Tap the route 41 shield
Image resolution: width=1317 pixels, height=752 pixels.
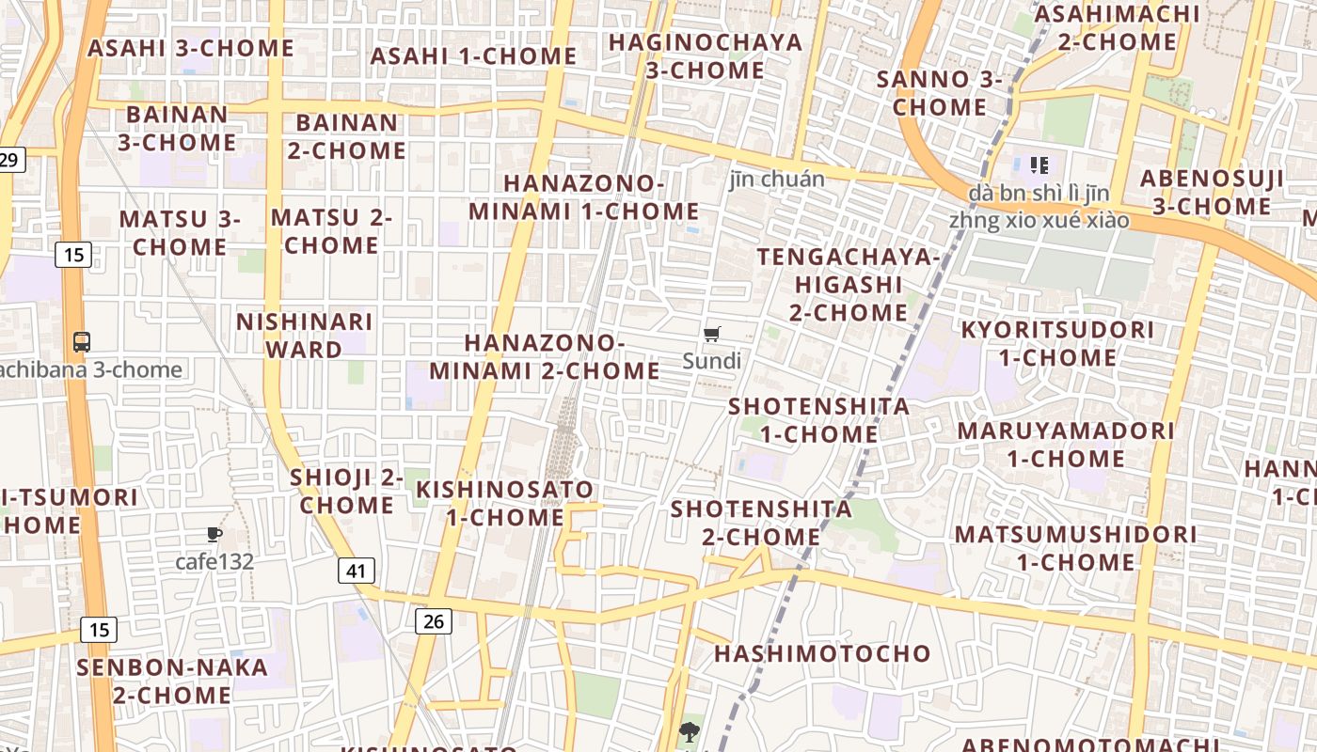(356, 570)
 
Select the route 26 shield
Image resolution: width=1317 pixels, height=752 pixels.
(433, 620)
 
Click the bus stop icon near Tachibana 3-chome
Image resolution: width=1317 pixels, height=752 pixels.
(82, 342)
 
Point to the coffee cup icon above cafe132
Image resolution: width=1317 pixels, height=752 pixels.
(214, 535)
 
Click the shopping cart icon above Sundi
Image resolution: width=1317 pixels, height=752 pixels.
(712, 335)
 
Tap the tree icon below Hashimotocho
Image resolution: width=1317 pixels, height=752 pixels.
(690, 732)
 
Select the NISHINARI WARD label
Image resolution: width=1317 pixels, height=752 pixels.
(305, 336)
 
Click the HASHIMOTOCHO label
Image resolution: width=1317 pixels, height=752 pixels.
(822, 653)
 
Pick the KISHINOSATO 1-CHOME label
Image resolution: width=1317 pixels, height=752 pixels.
(505, 503)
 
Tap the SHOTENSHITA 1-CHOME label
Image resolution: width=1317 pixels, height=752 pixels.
(819, 420)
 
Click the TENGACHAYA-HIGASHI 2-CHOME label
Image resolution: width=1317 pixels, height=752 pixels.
(849, 284)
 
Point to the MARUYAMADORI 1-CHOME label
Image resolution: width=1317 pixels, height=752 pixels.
(1066, 445)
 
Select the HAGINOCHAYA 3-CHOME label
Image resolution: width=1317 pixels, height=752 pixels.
(706, 56)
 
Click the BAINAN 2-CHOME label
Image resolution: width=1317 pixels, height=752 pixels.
(347, 136)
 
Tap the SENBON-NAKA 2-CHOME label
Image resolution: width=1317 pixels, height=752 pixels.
(172, 681)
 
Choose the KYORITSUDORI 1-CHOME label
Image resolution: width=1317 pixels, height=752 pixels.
(1057, 343)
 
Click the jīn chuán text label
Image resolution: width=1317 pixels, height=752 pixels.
(777, 179)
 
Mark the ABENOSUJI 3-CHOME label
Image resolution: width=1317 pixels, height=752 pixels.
(1212, 192)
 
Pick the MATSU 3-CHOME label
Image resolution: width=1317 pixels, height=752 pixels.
(180, 232)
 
